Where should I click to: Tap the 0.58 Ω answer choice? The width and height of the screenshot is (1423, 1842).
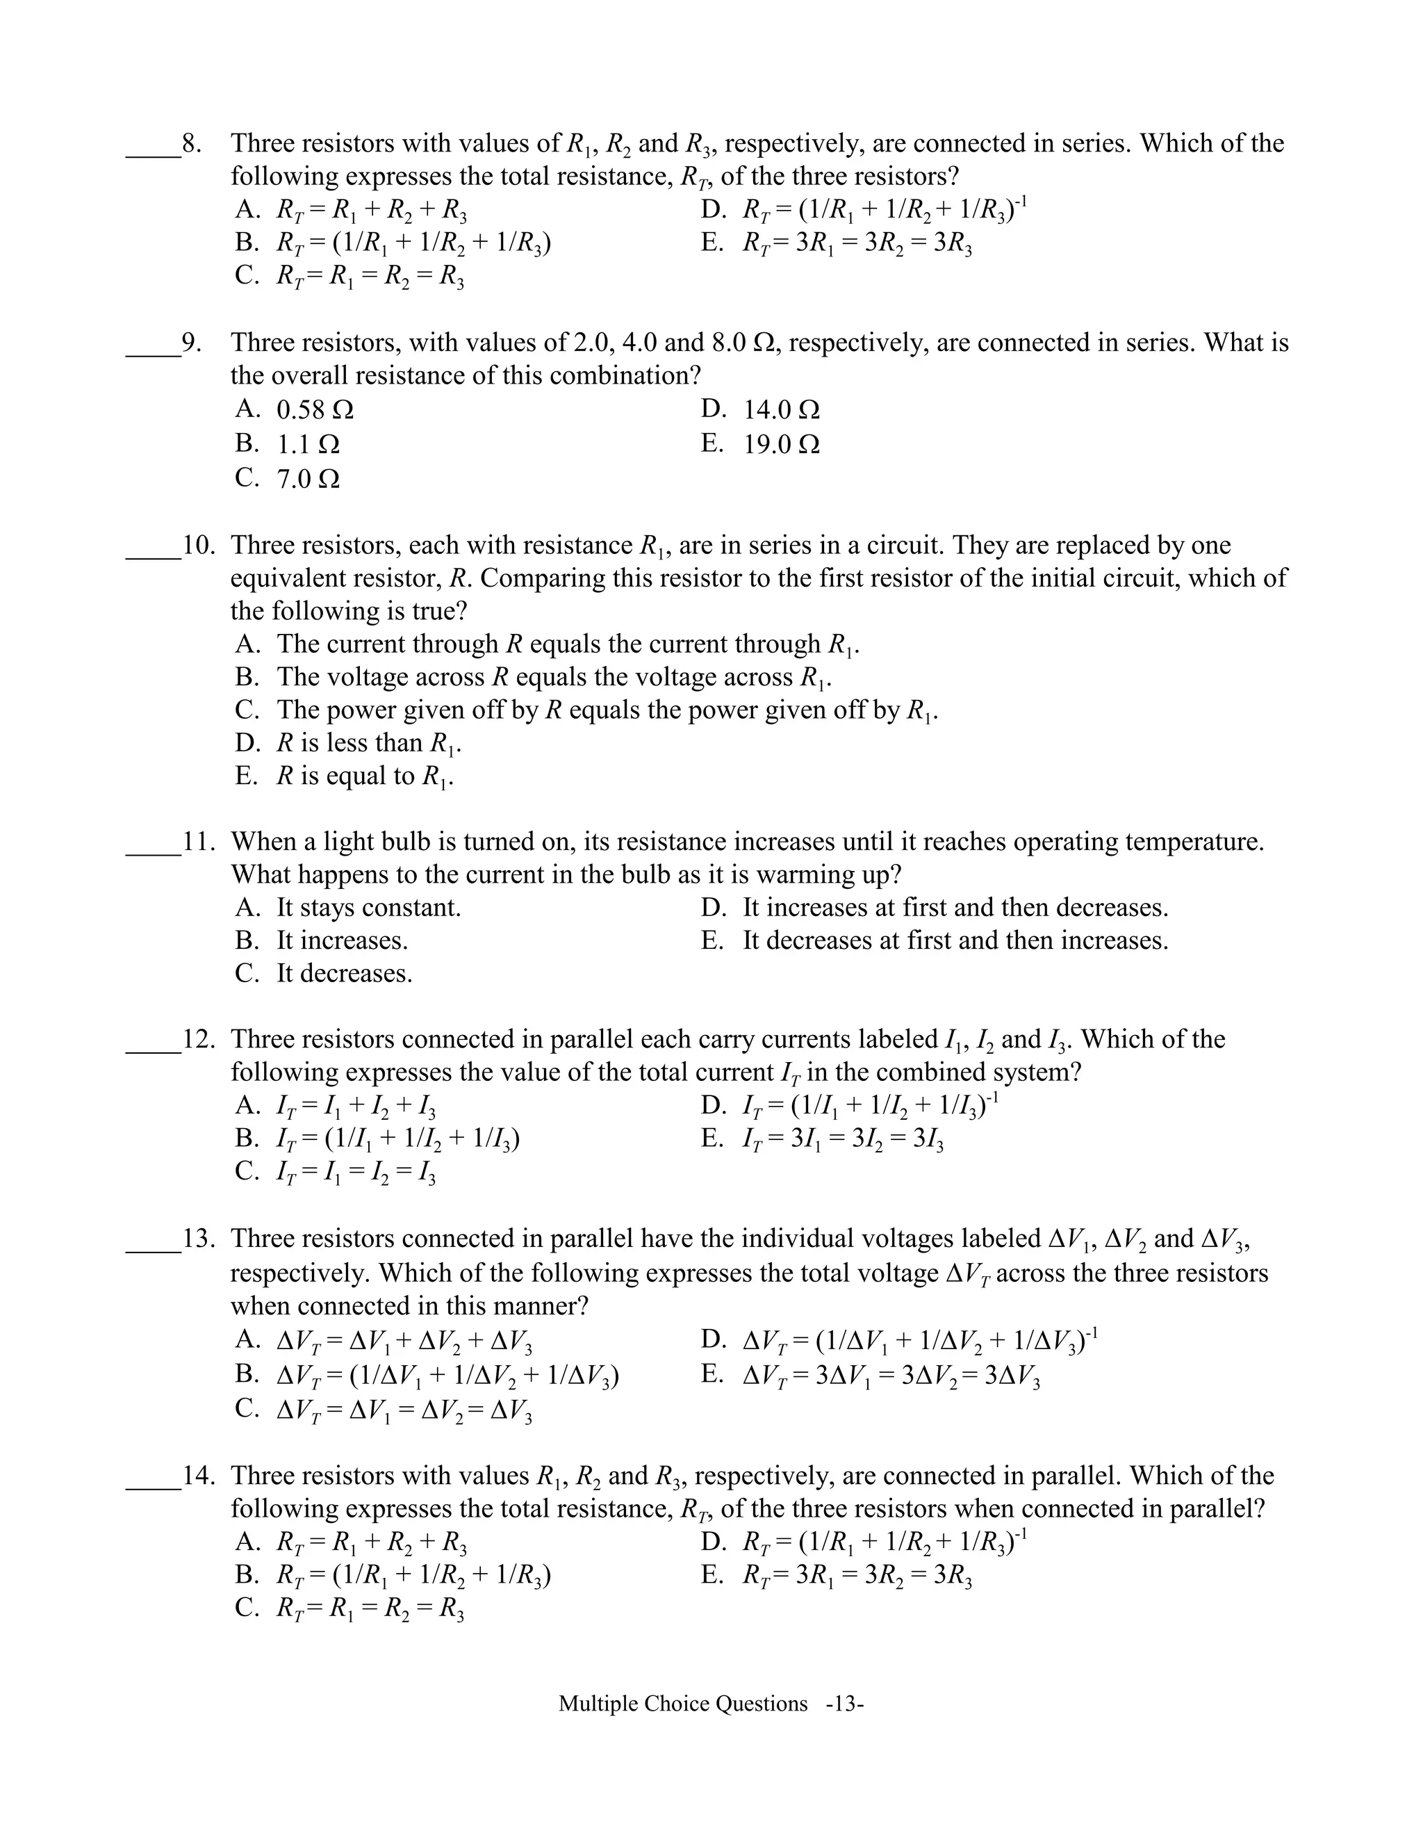coord(315,411)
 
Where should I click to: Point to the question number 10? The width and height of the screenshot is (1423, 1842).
coord(199,546)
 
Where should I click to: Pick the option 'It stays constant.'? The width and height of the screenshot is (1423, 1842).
coord(368,908)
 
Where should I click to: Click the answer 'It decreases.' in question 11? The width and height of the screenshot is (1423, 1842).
coord(344,974)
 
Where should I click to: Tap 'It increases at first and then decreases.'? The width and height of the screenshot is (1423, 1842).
coord(954,908)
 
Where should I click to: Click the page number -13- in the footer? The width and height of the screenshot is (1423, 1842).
coord(845,1704)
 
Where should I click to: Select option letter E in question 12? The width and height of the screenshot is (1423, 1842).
coord(711,1139)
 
